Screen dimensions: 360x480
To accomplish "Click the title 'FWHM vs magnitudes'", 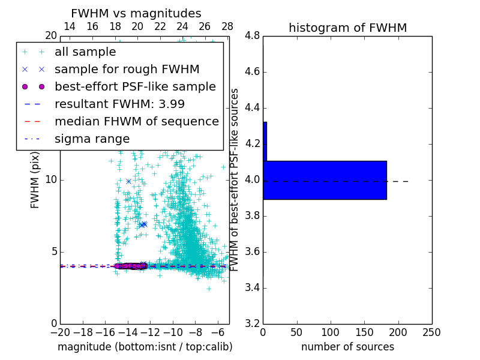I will click(x=136, y=13).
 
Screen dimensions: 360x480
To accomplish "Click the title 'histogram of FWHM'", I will click(x=347, y=28).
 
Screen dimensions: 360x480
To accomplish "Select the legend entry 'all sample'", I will click(x=85, y=52).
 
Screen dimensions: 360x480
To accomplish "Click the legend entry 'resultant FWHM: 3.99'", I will click(x=119, y=104).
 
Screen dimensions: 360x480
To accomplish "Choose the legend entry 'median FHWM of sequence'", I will click(x=137, y=121).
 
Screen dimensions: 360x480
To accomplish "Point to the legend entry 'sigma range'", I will click(x=92, y=139).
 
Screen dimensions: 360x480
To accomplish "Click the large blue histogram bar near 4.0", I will click(x=325, y=180).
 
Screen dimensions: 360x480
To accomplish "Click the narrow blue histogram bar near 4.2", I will click(x=265, y=142).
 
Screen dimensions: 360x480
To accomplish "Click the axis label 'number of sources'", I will click(x=347, y=347).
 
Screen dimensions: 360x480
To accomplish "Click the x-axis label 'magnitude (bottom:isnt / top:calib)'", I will click(x=145, y=347).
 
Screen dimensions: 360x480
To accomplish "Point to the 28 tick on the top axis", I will click(x=227, y=26).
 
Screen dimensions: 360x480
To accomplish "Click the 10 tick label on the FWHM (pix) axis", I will click(x=52, y=180).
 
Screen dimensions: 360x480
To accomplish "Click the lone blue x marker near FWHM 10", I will click(x=128, y=181).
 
